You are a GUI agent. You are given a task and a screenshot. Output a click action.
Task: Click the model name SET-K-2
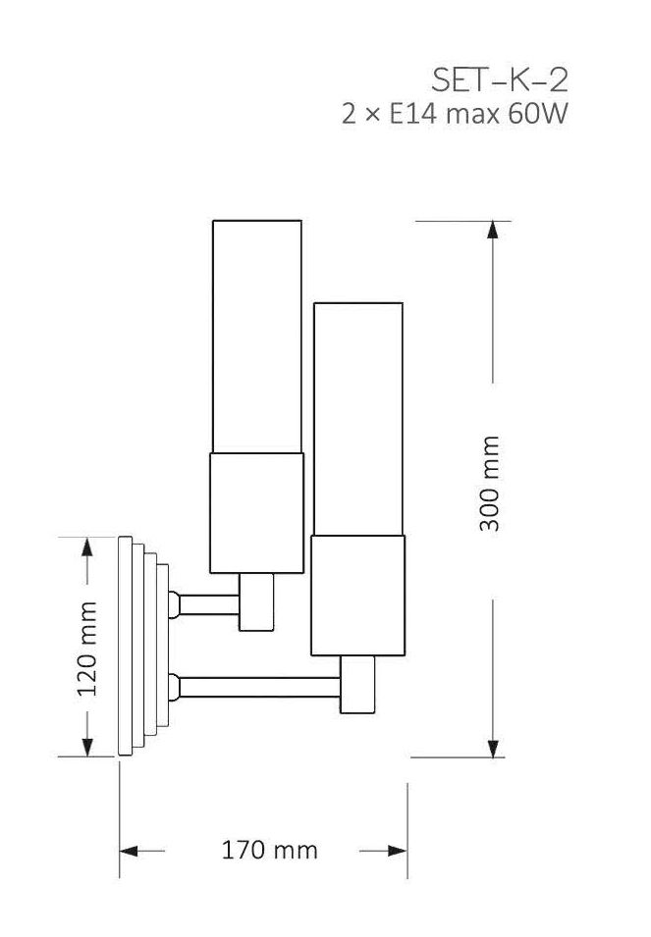point(500,79)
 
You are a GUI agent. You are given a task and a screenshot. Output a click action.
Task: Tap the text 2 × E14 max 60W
point(455,116)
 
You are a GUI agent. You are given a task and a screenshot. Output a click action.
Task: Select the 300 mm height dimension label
point(489,484)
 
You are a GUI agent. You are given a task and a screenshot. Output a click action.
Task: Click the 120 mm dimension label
point(87,647)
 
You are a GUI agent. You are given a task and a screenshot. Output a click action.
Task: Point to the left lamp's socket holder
point(256,512)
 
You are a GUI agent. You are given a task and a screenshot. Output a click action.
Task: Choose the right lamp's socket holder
point(357,596)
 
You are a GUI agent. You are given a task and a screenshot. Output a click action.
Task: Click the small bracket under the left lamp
point(257,600)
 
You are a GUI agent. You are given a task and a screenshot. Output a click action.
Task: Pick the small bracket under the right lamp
point(357,684)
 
